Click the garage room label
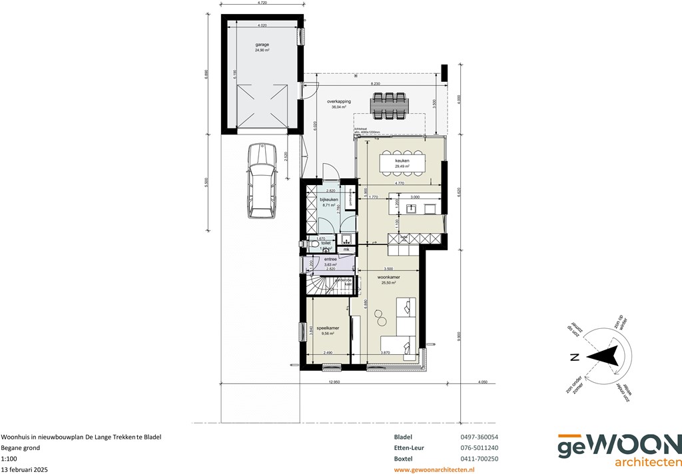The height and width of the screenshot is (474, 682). (x=262, y=45)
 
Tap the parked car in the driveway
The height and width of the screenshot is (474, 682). (x=261, y=181)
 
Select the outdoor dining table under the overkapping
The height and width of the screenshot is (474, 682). (x=390, y=105)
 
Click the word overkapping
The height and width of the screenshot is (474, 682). (x=339, y=101)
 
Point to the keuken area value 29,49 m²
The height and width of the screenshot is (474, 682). (x=402, y=166)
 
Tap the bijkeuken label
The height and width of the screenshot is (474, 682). (x=329, y=200)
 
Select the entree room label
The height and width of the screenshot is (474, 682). (x=330, y=259)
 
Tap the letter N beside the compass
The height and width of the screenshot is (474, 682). (x=573, y=357)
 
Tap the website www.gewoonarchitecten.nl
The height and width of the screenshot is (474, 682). (x=434, y=469)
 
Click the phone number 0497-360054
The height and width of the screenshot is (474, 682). (x=480, y=437)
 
